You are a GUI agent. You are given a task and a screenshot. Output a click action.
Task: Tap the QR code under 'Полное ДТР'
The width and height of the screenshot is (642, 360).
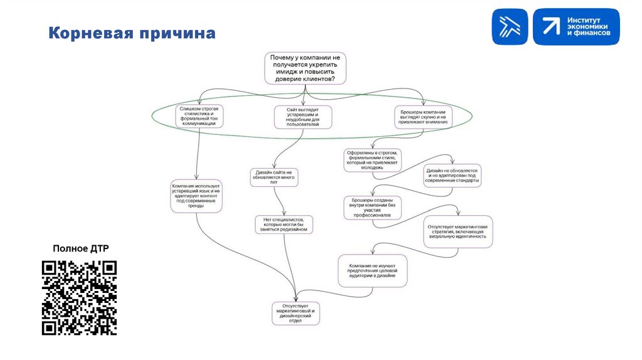pos(79,298)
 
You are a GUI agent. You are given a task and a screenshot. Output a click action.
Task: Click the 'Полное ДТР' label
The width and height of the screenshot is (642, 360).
pos(80,248)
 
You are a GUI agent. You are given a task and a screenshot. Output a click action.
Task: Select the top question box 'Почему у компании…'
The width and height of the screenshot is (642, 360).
pos(304,68)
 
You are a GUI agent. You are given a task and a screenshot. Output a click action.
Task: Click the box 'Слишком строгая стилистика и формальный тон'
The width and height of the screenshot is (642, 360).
pos(199,116)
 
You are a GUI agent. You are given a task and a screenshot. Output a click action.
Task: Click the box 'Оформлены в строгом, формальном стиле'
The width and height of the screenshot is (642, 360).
pos(373,160)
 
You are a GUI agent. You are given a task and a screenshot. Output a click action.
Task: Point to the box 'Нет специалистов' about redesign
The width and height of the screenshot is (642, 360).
pos(283,225)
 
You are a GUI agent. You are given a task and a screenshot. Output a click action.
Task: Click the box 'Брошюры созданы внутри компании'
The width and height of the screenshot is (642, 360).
pos(372,208)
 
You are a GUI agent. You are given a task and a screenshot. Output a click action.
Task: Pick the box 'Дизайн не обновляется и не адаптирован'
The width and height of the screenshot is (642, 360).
pos(452,176)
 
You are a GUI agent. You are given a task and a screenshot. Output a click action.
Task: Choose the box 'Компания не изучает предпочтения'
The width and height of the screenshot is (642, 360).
pos(373,270)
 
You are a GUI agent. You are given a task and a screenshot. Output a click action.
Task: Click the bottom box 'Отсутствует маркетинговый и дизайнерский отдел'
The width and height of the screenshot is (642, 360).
pos(296,313)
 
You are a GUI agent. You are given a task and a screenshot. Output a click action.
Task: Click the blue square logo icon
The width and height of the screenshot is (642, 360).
pos(510,27)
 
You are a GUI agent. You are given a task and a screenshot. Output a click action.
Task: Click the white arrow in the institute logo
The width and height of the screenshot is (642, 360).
pos(551,27)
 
